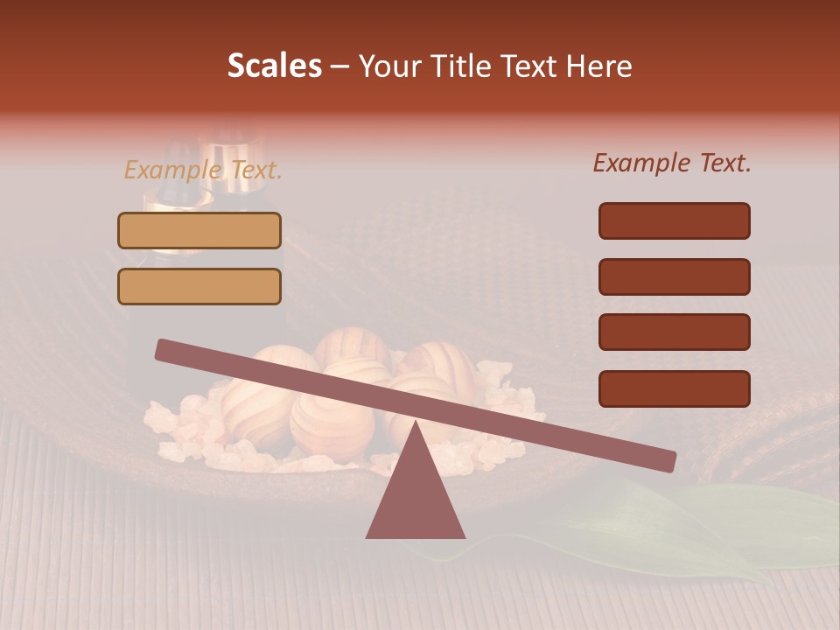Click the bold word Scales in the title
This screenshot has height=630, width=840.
pos(274,66)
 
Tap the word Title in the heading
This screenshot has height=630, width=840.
pos(465,66)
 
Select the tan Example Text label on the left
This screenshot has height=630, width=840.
pos(202,170)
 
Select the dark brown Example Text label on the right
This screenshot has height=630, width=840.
pos(672,163)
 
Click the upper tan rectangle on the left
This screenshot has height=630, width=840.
pos(199,231)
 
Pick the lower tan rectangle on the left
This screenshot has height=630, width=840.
pos(199,286)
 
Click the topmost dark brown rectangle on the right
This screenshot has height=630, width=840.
pos(674,220)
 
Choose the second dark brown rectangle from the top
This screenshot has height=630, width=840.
pos(674,276)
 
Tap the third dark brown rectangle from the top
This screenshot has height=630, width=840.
pos(674,332)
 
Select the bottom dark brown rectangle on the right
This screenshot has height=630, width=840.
pos(674,388)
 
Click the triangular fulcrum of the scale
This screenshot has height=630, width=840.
pos(415,494)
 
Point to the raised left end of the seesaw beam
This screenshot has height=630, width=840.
pos(164,350)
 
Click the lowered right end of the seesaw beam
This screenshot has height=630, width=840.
pos(667,461)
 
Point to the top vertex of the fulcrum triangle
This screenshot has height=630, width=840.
pos(415,423)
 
